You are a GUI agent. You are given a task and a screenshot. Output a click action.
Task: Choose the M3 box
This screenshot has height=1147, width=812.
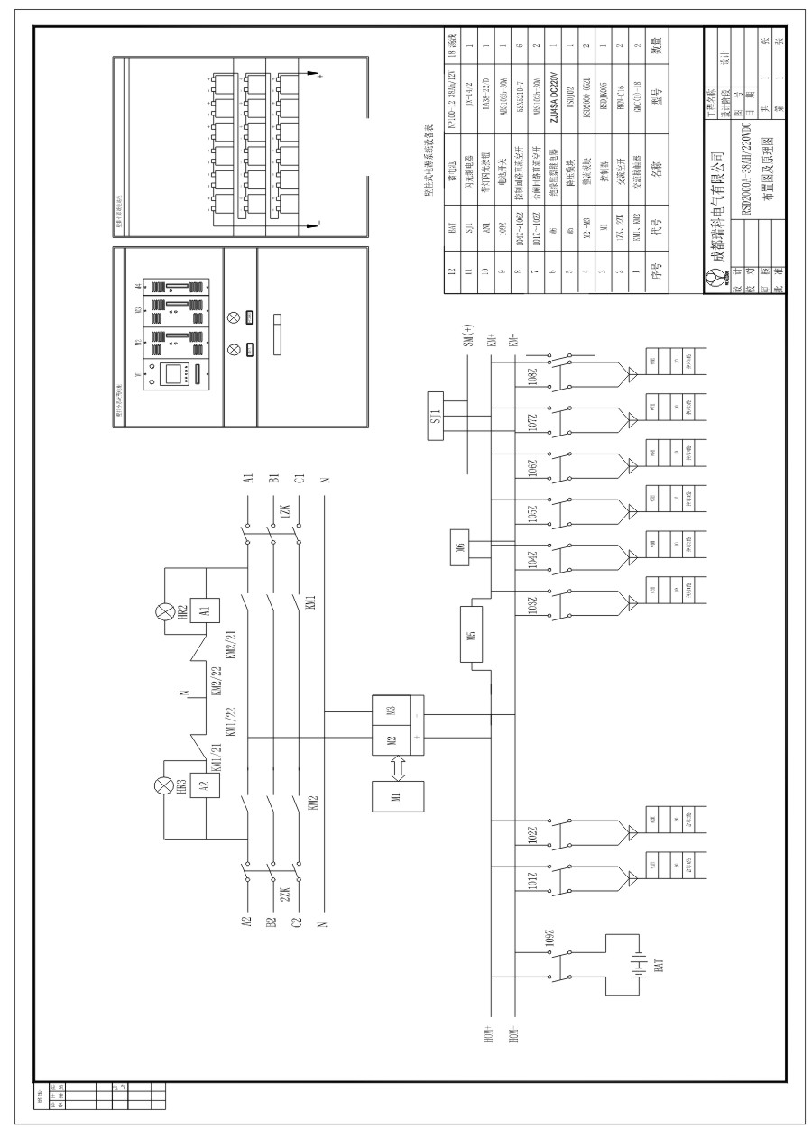(391, 710)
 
